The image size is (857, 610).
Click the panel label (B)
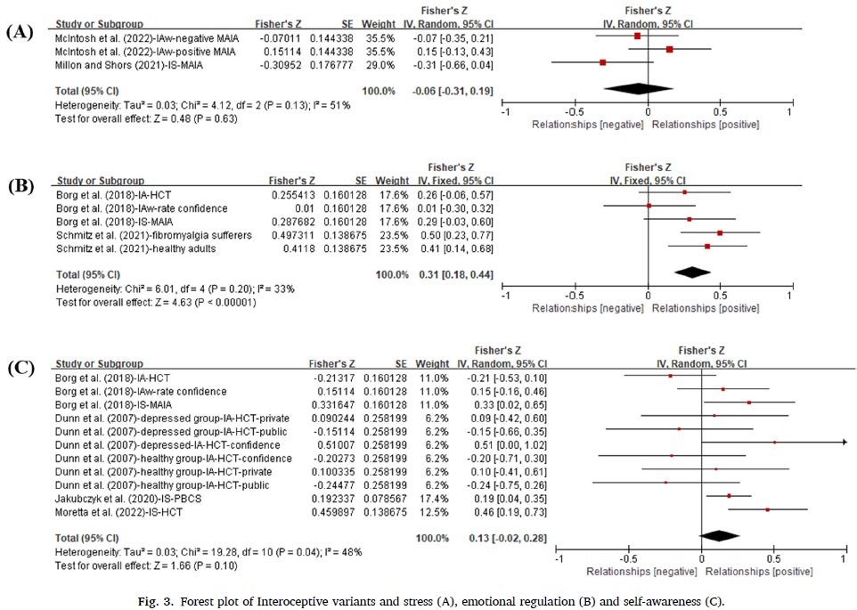tap(20, 188)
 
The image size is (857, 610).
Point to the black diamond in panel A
tap(638, 88)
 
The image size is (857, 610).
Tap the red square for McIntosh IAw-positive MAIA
tap(669, 50)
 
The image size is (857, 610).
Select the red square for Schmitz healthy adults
tap(707, 246)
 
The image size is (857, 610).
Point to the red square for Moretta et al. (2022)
tap(767, 510)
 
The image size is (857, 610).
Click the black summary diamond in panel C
tap(721, 536)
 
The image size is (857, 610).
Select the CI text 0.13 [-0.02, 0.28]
tap(508, 538)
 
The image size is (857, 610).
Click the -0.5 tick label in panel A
tap(575, 113)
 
